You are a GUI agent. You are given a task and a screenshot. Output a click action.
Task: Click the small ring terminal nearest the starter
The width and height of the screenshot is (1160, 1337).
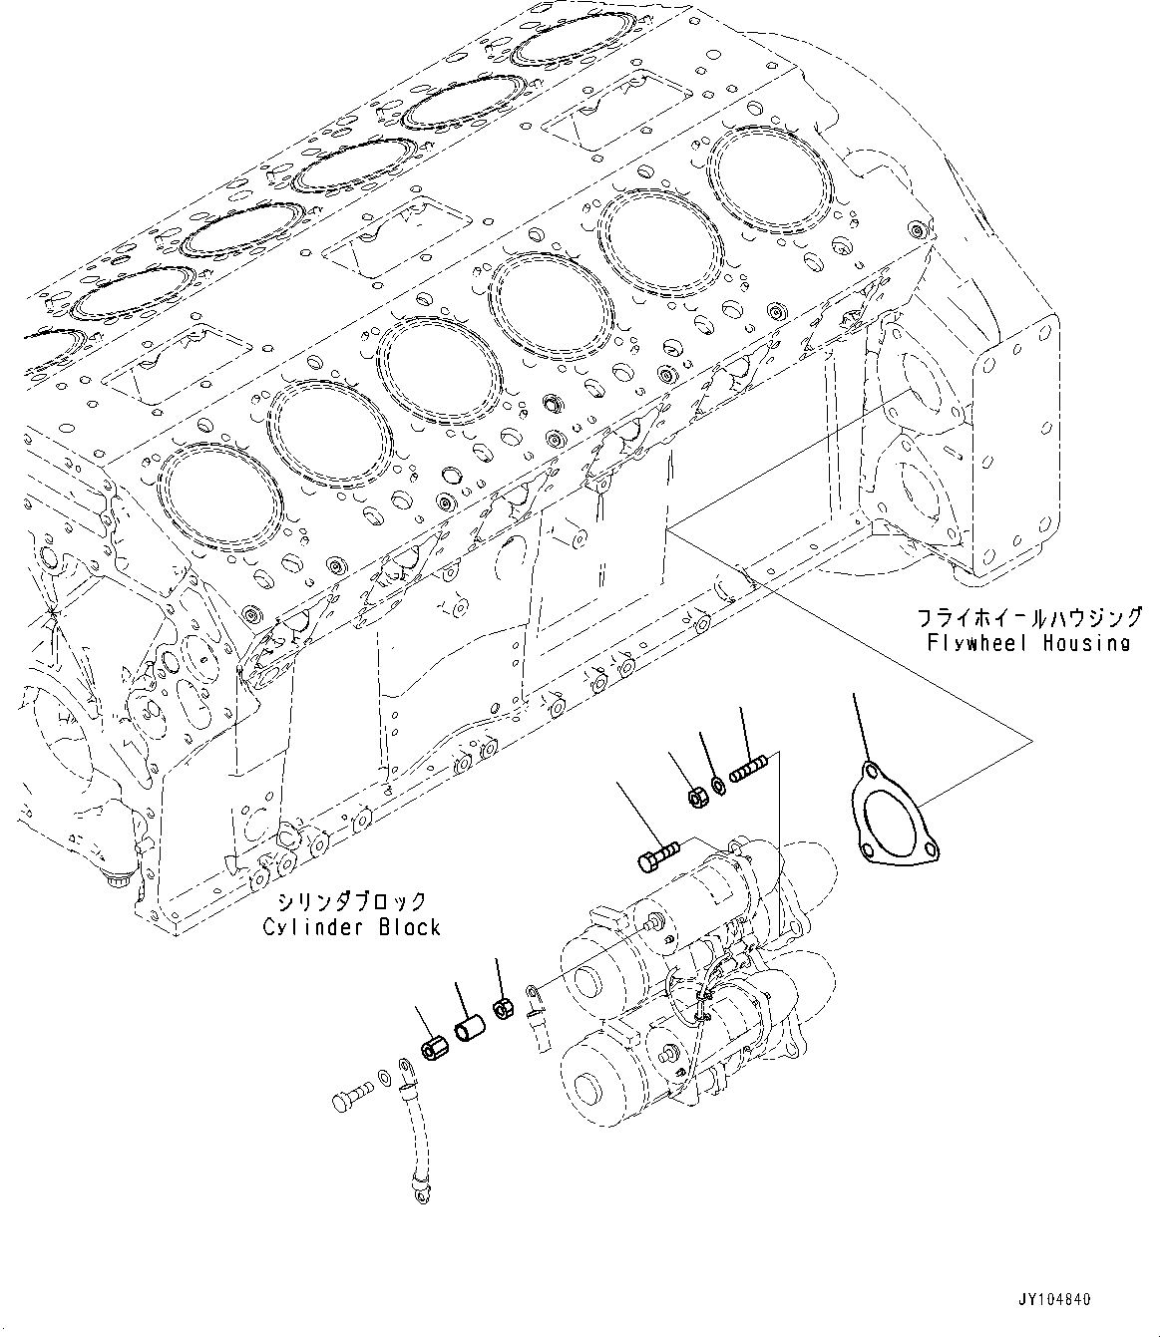tap(535, 993)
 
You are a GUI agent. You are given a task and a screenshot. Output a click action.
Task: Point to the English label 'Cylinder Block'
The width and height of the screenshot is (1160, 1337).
tap(351, 927)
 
